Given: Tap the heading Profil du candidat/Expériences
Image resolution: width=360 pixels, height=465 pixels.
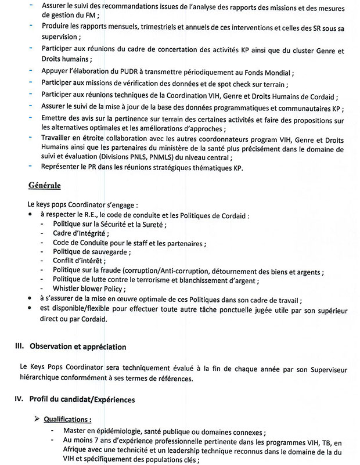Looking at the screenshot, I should tap(84, 400).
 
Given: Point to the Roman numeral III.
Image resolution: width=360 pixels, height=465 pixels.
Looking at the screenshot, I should tap(19, 347).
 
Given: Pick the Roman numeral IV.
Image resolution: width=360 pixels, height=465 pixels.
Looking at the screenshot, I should tap(19, 400).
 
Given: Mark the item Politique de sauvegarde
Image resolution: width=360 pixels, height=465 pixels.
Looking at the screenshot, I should tap(90, 252).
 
